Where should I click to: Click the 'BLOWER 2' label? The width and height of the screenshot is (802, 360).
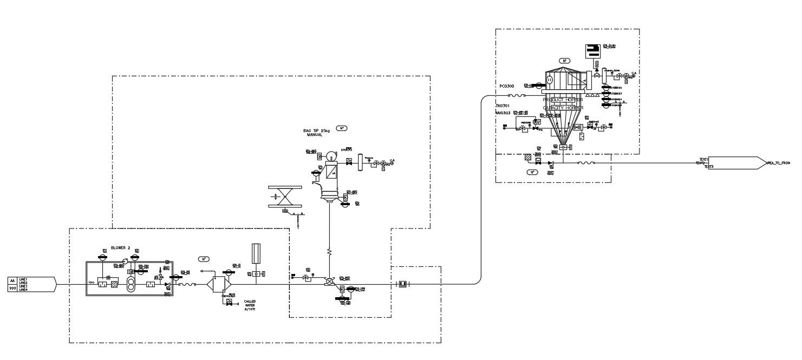(121, 247)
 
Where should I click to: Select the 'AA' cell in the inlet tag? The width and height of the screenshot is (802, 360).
(12, 280)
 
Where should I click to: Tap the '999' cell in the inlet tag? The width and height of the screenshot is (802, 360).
(12, 289)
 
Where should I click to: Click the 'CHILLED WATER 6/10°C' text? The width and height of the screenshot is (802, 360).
(250, 305)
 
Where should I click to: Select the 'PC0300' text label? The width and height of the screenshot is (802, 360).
(507, 86)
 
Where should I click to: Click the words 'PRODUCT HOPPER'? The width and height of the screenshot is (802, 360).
(563, 100)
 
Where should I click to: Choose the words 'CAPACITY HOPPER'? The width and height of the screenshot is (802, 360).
(563, 108)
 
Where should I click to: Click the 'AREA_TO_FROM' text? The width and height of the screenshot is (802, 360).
(778, 162)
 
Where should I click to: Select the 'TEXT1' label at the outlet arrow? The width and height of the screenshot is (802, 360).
(703, 159)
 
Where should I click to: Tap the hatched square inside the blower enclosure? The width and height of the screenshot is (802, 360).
(114, 284)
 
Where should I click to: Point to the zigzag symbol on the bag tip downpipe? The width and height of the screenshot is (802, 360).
(329, 252)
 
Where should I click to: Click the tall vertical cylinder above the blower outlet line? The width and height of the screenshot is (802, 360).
(257, 254)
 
